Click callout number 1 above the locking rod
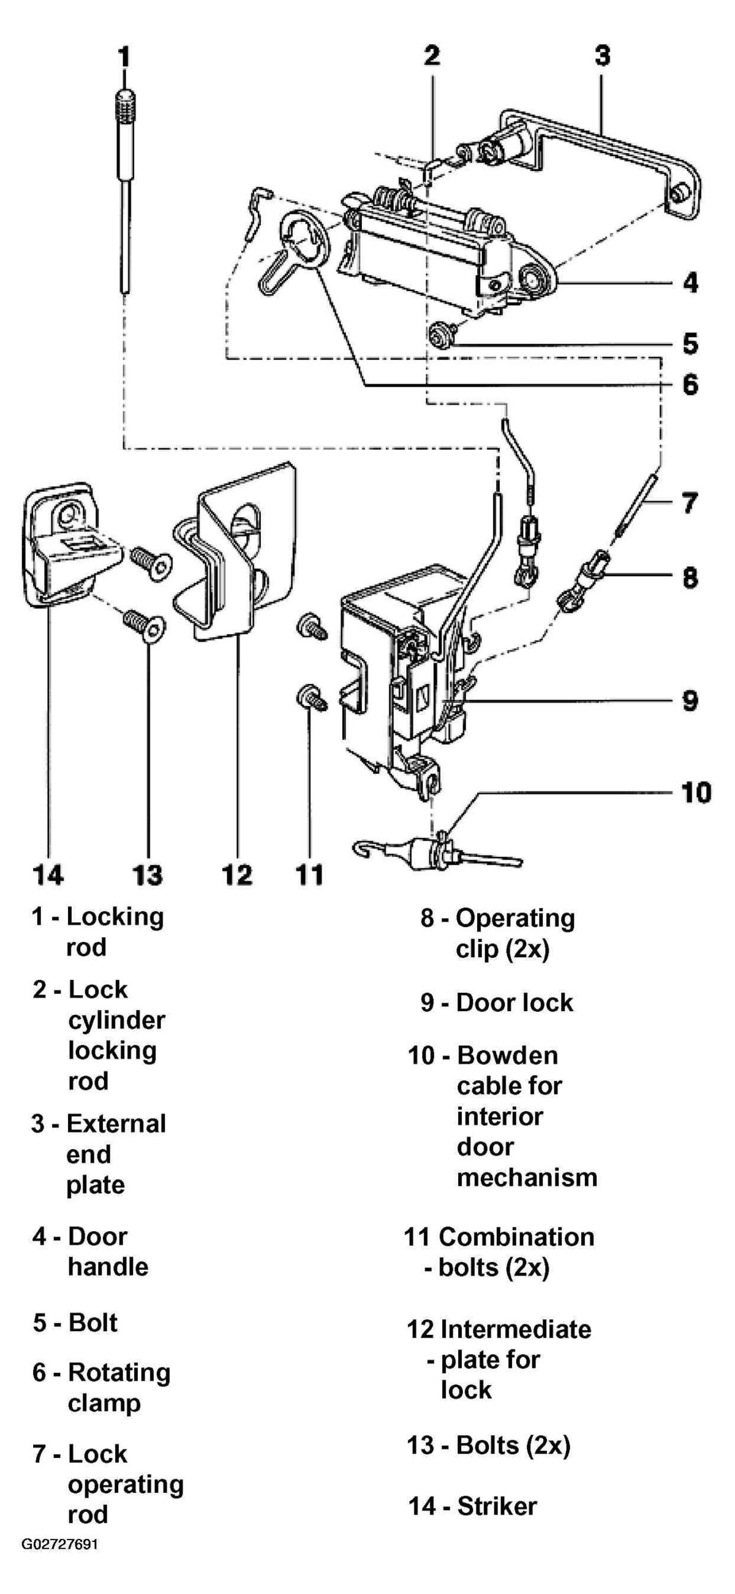pyautogui.click(x=124, y=56)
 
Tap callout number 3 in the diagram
pyautogui.click(x=603, y=55)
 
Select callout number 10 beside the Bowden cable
pyautogui.click(x=696, y=792)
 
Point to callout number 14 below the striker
pyautogui.click(x=48, y=875)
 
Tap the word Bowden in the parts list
pyautogui.click(x=507, y=1056)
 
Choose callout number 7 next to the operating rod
pyautogui.click(x=690, y=503)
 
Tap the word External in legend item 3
pyautogui.click(x=116, y=1124)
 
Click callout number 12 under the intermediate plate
pyautogui.click(x=238, y=875)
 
